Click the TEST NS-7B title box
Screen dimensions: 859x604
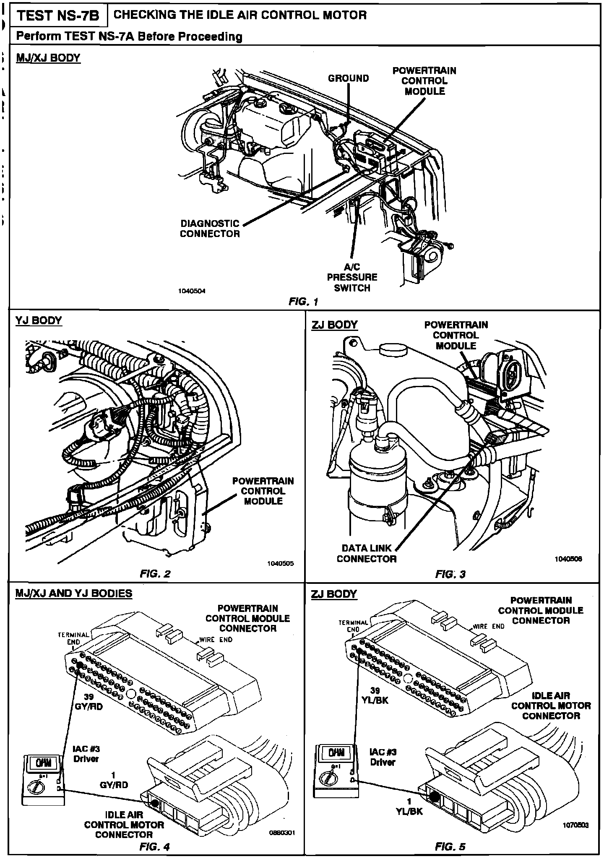click(58, 16)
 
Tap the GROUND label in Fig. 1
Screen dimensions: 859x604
click(348, 78)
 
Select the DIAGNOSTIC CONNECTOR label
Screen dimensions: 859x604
click(210, 229)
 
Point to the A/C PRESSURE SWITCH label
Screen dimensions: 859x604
click(352, 277)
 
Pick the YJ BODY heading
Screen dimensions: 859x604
click(39, 320)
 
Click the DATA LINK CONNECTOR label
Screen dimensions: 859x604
click(366, 553)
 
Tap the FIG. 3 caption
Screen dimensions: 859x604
click(450, 574)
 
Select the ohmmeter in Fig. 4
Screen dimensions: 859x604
click(44, 778)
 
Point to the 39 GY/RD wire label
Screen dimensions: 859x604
click(89, 701)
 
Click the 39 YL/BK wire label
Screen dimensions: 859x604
click(375, 695)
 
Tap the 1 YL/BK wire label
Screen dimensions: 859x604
click(409, 806)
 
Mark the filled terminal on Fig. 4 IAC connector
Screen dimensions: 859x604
click(155, 803)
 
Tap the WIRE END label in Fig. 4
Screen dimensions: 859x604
click(216, 640)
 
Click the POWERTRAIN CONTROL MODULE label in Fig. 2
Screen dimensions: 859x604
click(263, 491)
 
